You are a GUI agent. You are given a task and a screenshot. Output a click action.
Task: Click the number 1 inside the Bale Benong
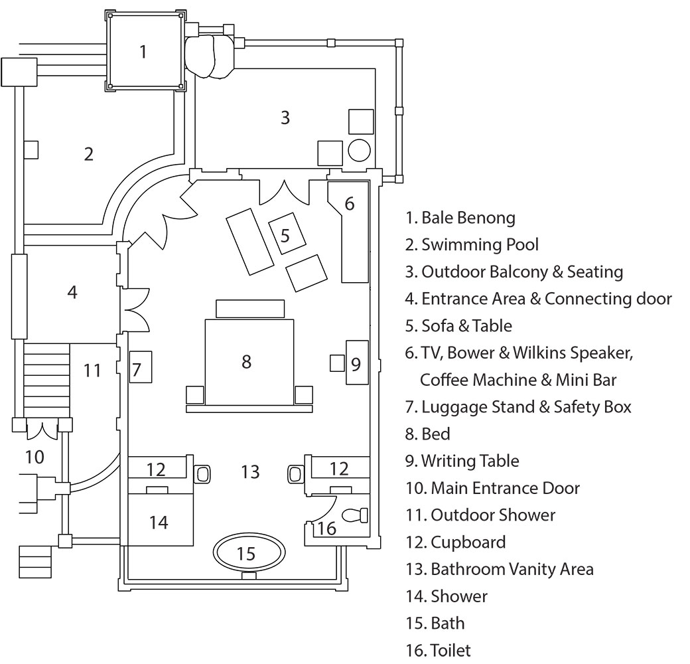pos(143,51)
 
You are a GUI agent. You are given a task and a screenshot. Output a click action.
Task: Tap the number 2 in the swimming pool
pos(89,154)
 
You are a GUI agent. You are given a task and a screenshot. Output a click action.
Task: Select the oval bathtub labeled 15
pos(249,552)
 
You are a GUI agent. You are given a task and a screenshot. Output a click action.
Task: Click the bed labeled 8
pos(249,362)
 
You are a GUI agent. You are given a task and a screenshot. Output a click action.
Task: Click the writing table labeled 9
pos(356,363)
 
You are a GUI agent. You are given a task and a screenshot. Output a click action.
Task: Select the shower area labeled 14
pos(160,522)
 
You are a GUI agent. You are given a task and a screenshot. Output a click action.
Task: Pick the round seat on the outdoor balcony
pos(359,151)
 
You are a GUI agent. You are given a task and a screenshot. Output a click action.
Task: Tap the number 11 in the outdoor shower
pos(92,370)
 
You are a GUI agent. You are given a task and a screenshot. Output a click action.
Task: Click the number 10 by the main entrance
pos(34,457)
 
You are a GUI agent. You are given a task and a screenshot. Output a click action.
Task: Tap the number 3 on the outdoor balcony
pos(285,118)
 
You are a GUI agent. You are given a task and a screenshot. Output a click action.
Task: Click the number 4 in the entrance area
pos(72,292)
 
